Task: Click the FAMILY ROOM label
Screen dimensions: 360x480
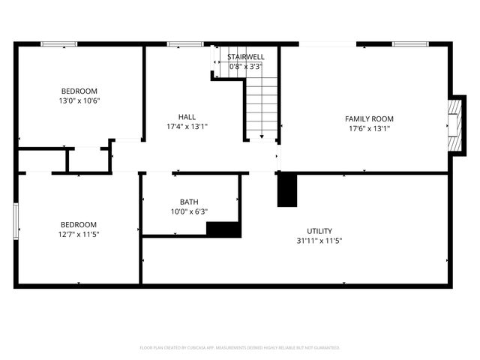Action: pyautogui.click(x=369, y=118)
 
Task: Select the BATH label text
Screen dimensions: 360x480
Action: pyautogui.click(x=190, y=202)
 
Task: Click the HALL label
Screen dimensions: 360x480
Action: pyautogui.click(x=187, y=117)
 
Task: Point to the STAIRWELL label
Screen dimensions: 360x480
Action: pyautogui.click(x=245, y=57)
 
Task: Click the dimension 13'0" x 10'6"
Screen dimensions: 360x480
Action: pyautogui.click(x=79, y=100)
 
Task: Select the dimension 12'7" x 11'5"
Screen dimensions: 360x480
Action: pyautogui.click(x=79, y=234)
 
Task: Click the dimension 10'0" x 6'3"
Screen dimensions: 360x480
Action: pyautogui.click(x=190, y=211)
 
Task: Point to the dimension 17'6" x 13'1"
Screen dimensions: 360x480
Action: pyautogui.click(x=369, y=128)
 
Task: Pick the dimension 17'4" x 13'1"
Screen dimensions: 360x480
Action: pyautogui.click(x=187, y=127)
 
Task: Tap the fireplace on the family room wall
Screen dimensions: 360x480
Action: pyautogui.click(x=453, y=124)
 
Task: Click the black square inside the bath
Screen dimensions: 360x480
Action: pyautogui.click(x=223, y=229)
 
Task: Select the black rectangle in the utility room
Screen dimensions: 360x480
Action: pyautogui.click(x=287, y=190)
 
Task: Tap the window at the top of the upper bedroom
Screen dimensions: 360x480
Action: pyautogui.click(x=58, y=44)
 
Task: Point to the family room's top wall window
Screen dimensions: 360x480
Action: pyautogui.click(x=410, y=44)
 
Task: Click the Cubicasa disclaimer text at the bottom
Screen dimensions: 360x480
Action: pyautogui.click(x=240, y=347)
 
